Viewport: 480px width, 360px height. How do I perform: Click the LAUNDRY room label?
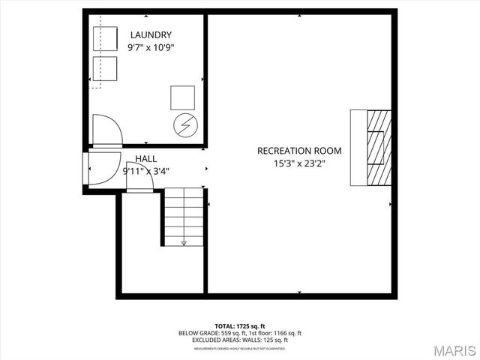[x=151, y=34]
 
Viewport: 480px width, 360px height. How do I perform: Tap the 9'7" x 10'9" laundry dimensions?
[x=151, y=47]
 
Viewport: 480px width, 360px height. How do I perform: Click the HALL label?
[x=146, y=159]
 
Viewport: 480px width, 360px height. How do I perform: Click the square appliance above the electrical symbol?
[x=182, y=97]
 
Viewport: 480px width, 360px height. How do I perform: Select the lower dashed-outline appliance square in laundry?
[x=105, y=69]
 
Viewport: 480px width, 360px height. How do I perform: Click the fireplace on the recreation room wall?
[x=371, y=148]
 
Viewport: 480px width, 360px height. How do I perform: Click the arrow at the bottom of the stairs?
[x=183, y=242]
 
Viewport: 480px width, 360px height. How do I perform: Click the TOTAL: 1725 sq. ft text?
[x=240, y=326]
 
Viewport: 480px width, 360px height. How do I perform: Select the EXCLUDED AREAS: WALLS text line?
[x=240, y=340]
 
